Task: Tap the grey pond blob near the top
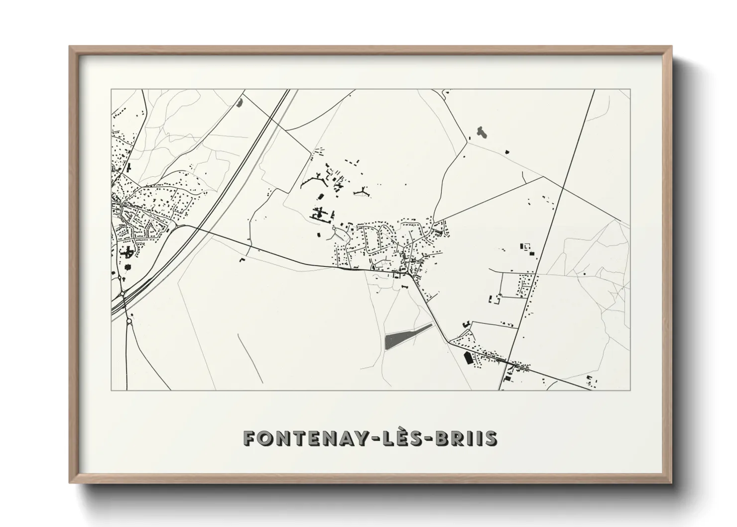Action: tap(481, 132)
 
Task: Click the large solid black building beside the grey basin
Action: tap(468, 358)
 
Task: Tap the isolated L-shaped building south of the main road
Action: tap(243, 260)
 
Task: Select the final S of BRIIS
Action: tap(491, 438)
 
